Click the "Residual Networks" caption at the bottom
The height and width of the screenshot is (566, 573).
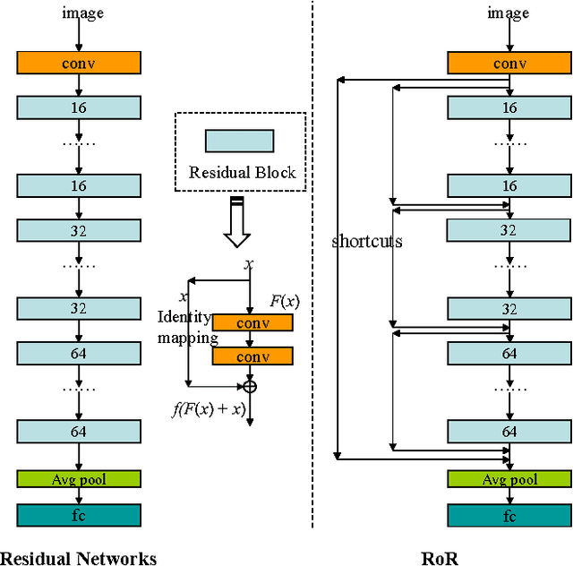(78, 558)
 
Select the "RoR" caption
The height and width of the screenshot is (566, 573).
(440, 558)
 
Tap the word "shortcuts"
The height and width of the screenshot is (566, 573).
(367, 241)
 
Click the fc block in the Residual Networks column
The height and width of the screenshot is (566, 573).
(79, 515)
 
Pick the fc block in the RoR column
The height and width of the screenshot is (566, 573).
(509, 515)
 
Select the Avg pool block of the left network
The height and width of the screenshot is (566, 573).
(79, 479)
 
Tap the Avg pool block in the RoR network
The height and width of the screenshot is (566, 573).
(509, 479)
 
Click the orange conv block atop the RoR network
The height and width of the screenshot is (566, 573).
(509, 63)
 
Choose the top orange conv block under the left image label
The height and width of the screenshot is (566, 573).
(79, 63)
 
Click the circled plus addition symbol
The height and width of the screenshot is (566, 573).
(250, 386)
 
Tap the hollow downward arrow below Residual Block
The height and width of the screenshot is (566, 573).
(237, 226)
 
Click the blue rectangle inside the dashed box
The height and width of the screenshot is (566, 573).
(239, 141)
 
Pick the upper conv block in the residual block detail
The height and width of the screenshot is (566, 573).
(252, 322)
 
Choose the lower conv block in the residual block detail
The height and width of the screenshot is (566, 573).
(252, 356)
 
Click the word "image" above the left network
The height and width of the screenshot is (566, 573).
(82, 13)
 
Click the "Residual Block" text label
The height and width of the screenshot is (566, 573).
(242, 173)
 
